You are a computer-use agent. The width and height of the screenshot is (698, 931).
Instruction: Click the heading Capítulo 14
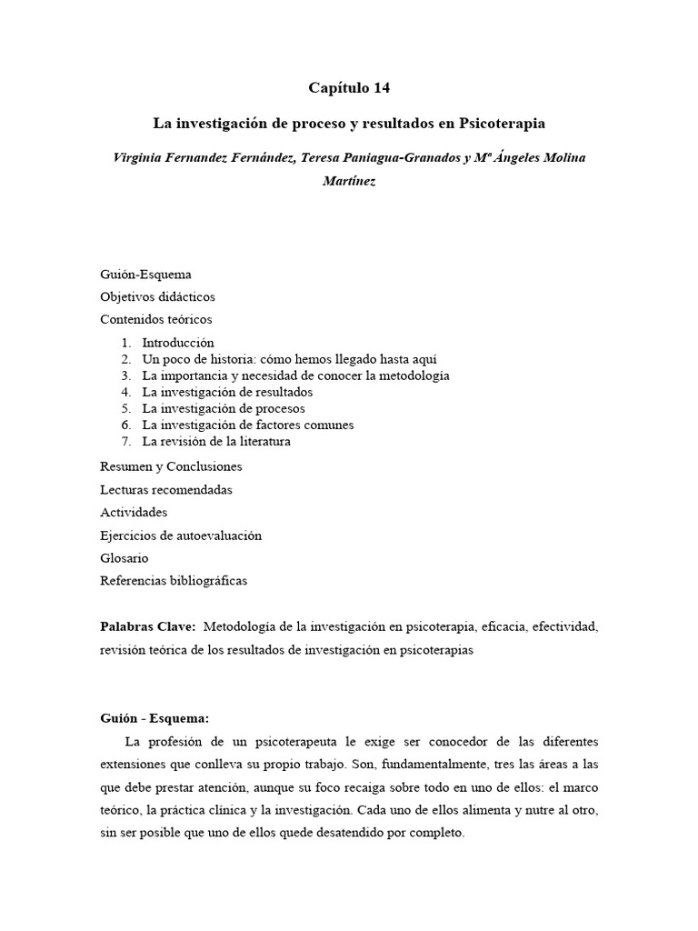348,88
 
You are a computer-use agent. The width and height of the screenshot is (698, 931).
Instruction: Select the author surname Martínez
348,181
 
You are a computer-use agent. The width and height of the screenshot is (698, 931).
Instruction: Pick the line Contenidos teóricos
155,319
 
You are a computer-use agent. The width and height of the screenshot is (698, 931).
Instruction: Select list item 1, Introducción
177,343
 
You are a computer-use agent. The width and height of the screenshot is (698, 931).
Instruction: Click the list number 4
126,392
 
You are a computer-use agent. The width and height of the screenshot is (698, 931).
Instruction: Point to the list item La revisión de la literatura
216,441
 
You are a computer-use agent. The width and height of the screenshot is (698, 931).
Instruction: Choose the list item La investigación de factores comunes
247,425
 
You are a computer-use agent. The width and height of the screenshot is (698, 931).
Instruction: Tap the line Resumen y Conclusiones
171,466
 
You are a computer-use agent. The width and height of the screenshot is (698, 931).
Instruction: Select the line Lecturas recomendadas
165,489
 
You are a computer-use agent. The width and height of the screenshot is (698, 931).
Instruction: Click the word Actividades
134,513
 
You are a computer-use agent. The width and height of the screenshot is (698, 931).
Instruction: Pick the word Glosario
125,557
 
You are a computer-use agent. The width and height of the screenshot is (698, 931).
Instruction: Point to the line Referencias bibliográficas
174,580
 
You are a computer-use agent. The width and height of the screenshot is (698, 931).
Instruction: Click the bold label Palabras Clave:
148,627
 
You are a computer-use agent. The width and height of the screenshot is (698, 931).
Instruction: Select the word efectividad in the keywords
565,627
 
